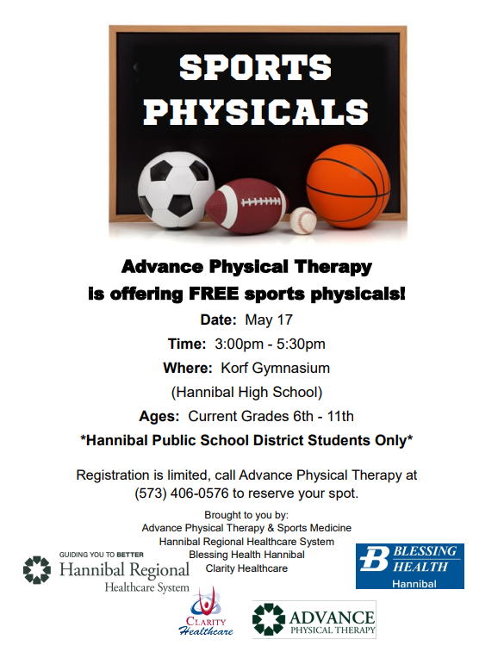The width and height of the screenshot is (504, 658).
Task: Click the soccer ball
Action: [176, 190]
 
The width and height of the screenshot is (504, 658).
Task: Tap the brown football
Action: [247, 206]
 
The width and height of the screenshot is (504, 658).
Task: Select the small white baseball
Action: [303, 220]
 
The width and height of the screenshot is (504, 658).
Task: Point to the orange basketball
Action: [348, 186]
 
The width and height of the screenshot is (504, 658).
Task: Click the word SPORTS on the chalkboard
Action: [256, 67]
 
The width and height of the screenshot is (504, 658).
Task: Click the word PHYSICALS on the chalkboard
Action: [256, 112]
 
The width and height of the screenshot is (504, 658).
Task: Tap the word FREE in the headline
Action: [213, 294]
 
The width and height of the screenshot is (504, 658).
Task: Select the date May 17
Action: [269, 320]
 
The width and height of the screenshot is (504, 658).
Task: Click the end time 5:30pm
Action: [301, 345]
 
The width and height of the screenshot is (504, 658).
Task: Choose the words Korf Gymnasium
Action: [276, 368]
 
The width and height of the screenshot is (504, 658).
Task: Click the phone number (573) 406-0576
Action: [182, 493]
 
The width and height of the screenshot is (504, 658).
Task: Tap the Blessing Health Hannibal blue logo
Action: [410, 566]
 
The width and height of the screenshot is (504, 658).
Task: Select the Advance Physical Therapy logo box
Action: [314, 619]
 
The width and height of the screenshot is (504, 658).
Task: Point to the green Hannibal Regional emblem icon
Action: [37, 570]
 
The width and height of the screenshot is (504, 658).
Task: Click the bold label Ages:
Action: [159, 416]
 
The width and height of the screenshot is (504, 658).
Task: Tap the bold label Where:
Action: [188, 368]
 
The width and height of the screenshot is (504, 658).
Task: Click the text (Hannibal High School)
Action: [246, 393]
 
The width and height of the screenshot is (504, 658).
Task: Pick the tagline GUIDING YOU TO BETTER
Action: [102, 555]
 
